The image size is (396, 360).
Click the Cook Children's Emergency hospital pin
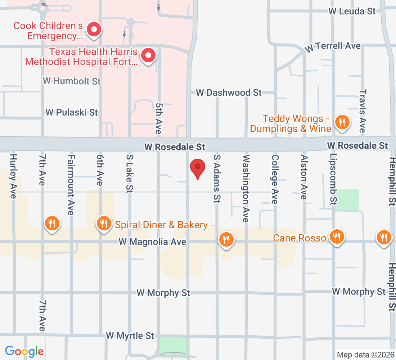(x=94, y=30)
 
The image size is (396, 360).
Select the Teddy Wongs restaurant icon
(x=341, y=122)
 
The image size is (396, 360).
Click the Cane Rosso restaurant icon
(x=337, y=237)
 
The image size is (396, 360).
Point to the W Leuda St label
(x=352, y=11)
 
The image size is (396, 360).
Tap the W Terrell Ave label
(x=333, y=46)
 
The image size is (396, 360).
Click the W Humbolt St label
(x=72, y=81)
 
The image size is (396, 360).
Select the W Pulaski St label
(x=72, y=112)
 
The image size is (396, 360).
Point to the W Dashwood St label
(x=229, y=93)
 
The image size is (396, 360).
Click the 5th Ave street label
(x=158, y=118)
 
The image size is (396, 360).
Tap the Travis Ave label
(x=362, y=111)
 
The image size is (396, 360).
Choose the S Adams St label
(x=216, y=179)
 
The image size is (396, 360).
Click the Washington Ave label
(x=246, y=188)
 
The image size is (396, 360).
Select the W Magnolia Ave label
(x=153, y=242)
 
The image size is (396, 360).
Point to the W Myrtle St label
(x=130, y=336)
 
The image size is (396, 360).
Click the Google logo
(x=24, y=351)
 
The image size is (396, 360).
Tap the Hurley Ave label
(x=14, y=176)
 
